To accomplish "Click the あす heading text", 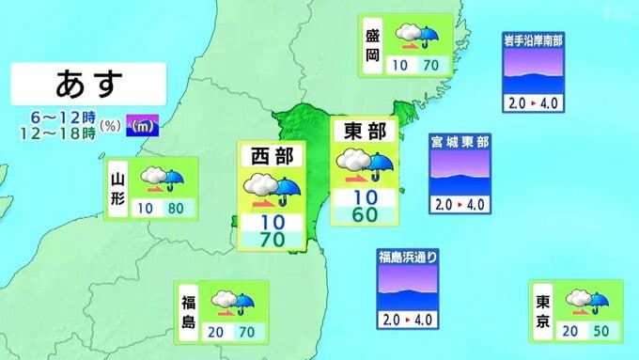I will pyautogui.click(x=89, y=84).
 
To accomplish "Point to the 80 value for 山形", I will pyautogui.click(x=177, y=208).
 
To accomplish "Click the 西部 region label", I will pyautogui.click(x=271, y=155).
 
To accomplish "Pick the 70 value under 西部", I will pyautogui.click(x=271, y=241).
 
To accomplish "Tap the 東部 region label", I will pyautogui.click(x=366, y=131).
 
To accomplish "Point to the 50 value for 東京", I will pyautogui.click(x=602, y=331).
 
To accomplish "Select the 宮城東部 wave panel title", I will pyautogui.click(x=460, y=142).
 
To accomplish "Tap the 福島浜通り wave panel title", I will pyautogui.click(x=408, y=257).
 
